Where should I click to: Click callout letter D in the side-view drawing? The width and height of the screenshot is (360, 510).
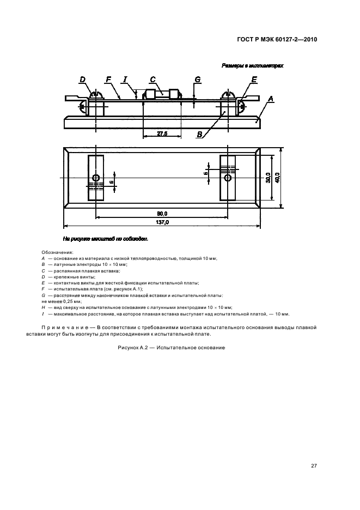point(83,80)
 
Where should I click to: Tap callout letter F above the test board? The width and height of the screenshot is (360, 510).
point(108,80)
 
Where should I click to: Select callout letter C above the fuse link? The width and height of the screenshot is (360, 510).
point(153,80)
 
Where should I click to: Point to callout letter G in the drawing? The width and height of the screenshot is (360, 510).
point(198,80)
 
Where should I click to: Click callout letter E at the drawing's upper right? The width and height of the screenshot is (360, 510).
point(254,80)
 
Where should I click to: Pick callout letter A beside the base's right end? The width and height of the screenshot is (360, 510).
point(271,99)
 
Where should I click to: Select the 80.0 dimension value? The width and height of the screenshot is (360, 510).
point(162,213)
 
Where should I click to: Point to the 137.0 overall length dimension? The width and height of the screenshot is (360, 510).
point(162,222)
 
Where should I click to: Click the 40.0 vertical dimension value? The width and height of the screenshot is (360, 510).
point(277,178)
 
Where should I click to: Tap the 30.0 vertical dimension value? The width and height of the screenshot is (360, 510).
point(268,178)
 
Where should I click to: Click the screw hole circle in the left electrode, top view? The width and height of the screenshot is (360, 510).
point(96,178)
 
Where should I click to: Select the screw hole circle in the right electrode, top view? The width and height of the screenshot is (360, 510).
point(228,178)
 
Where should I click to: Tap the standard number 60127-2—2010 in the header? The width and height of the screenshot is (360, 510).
point(296,39)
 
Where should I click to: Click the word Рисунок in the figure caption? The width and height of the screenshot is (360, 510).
point(130,348)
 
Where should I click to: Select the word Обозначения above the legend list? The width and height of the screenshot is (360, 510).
point(57,252)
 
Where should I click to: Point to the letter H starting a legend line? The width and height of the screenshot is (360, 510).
point(43,308)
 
